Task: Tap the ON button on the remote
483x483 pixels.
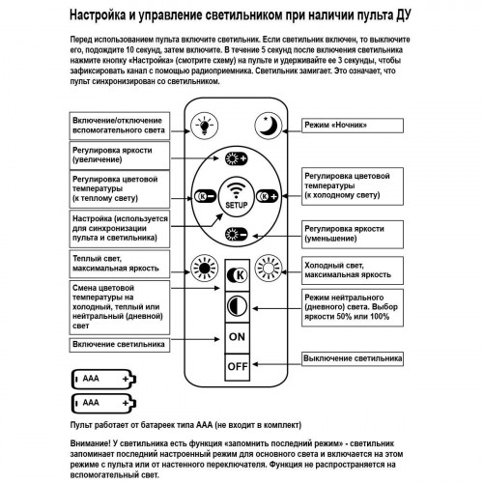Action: [x=237, y=336]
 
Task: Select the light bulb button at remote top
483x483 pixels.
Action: [x=204, y=125]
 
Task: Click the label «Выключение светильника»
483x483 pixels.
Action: [x=351, y=357]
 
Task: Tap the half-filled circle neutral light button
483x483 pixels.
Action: [x=237, y=305]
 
